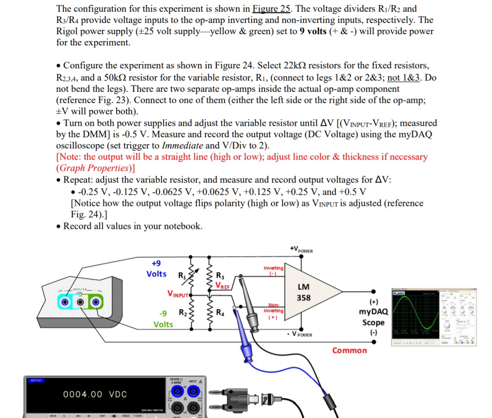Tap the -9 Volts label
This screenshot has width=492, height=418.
pos(163,318)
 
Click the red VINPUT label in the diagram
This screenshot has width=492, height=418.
pos(179,294)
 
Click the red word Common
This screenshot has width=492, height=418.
pos(349,351)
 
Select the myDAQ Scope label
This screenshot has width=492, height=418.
pos(373,317)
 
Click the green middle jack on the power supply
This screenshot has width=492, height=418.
pos(80,302)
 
